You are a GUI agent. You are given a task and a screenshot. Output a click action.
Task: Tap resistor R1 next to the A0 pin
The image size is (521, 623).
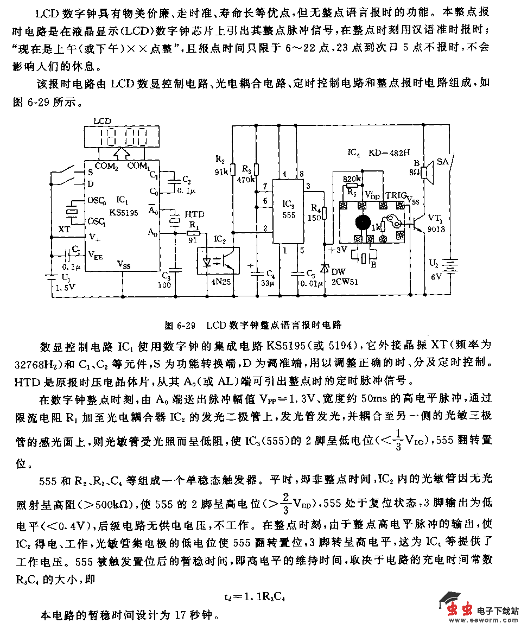194,233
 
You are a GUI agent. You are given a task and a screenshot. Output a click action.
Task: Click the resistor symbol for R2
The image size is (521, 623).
233,170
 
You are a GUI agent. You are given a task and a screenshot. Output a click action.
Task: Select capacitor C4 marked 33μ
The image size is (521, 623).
257,271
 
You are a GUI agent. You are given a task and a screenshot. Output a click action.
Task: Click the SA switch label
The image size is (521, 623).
443,162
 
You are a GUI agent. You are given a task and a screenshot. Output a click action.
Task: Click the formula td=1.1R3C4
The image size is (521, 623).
255,596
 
